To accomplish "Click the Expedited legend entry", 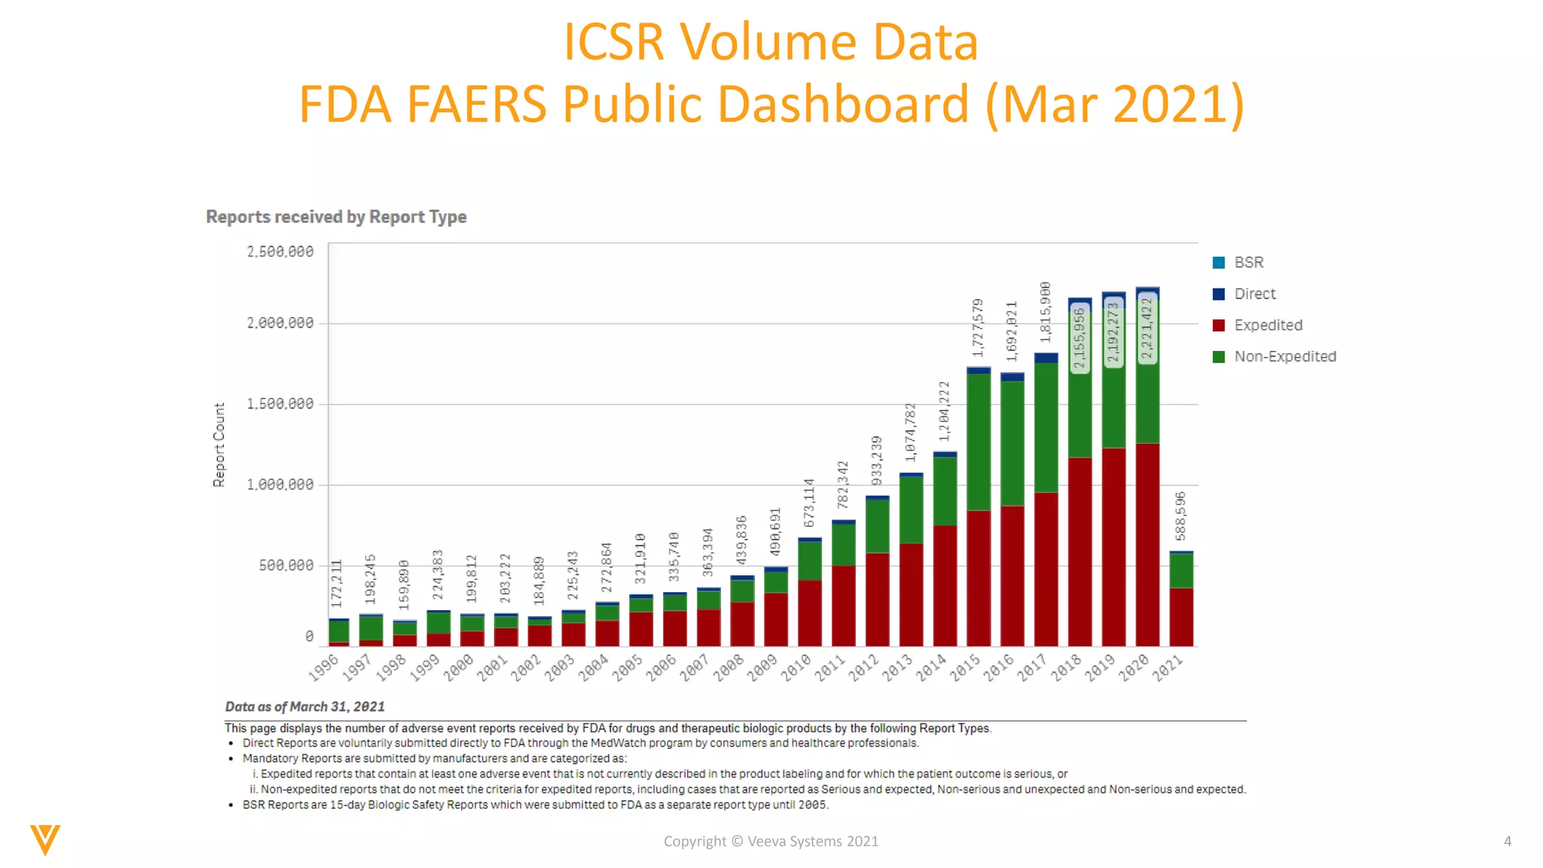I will point(1267,325).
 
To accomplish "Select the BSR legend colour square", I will point(1218,262).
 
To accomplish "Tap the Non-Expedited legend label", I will point(1285,356).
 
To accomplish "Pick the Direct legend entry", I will point(1254,294).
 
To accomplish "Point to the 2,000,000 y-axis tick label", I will point(280,323).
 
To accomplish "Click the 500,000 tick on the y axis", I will point(286,565).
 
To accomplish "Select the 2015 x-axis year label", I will point(965,667).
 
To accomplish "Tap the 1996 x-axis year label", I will point(324,667).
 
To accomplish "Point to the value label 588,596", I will point(1181,516).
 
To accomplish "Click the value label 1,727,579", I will point(978,328).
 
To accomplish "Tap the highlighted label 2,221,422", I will point(1147,329).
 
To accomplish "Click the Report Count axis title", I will point(219,445).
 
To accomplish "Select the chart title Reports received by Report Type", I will point(336,217).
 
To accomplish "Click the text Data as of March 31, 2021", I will point(304,707).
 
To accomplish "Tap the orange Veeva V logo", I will point(45,839).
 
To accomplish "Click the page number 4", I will point(1508,841).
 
